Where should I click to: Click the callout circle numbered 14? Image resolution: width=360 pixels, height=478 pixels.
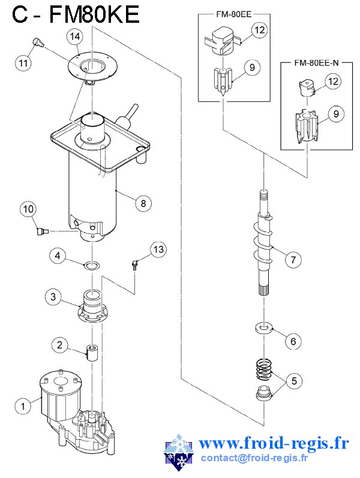75,37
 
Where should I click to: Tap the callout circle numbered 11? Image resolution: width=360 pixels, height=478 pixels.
23,63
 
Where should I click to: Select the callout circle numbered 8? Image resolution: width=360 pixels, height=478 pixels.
143,203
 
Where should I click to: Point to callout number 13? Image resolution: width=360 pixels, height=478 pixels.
158,249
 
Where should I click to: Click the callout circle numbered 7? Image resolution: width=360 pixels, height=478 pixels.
293,260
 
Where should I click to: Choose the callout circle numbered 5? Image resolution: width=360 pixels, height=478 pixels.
294,381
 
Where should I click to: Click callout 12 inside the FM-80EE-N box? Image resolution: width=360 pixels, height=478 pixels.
333,82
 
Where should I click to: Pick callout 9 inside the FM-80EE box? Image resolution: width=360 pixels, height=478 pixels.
252,67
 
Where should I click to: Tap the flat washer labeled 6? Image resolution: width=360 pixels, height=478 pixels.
263,328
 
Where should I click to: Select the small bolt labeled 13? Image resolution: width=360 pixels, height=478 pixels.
134,264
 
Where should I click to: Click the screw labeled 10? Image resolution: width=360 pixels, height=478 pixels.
41,232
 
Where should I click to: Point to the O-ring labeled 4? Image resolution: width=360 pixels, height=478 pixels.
91,265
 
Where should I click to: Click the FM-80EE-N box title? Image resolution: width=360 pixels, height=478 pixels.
316,63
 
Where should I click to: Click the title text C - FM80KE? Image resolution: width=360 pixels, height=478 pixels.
76,14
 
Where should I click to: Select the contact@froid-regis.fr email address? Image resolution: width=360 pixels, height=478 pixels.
254,458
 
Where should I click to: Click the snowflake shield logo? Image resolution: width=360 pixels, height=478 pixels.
179,452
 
